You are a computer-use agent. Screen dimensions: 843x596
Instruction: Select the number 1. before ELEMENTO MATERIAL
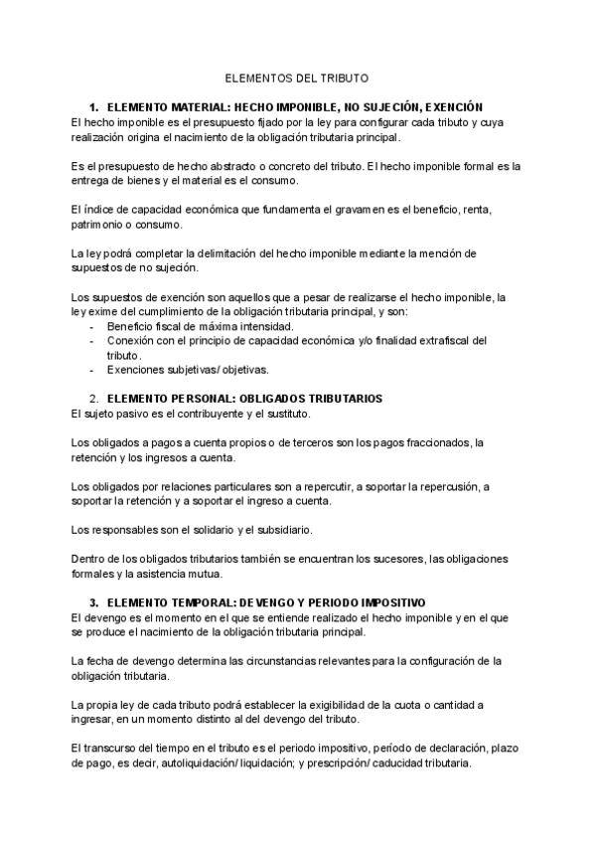[94, 106]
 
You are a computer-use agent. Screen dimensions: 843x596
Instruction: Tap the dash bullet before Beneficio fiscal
[92, 326]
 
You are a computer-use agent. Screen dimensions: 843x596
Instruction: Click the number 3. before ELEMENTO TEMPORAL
[94, 603]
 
